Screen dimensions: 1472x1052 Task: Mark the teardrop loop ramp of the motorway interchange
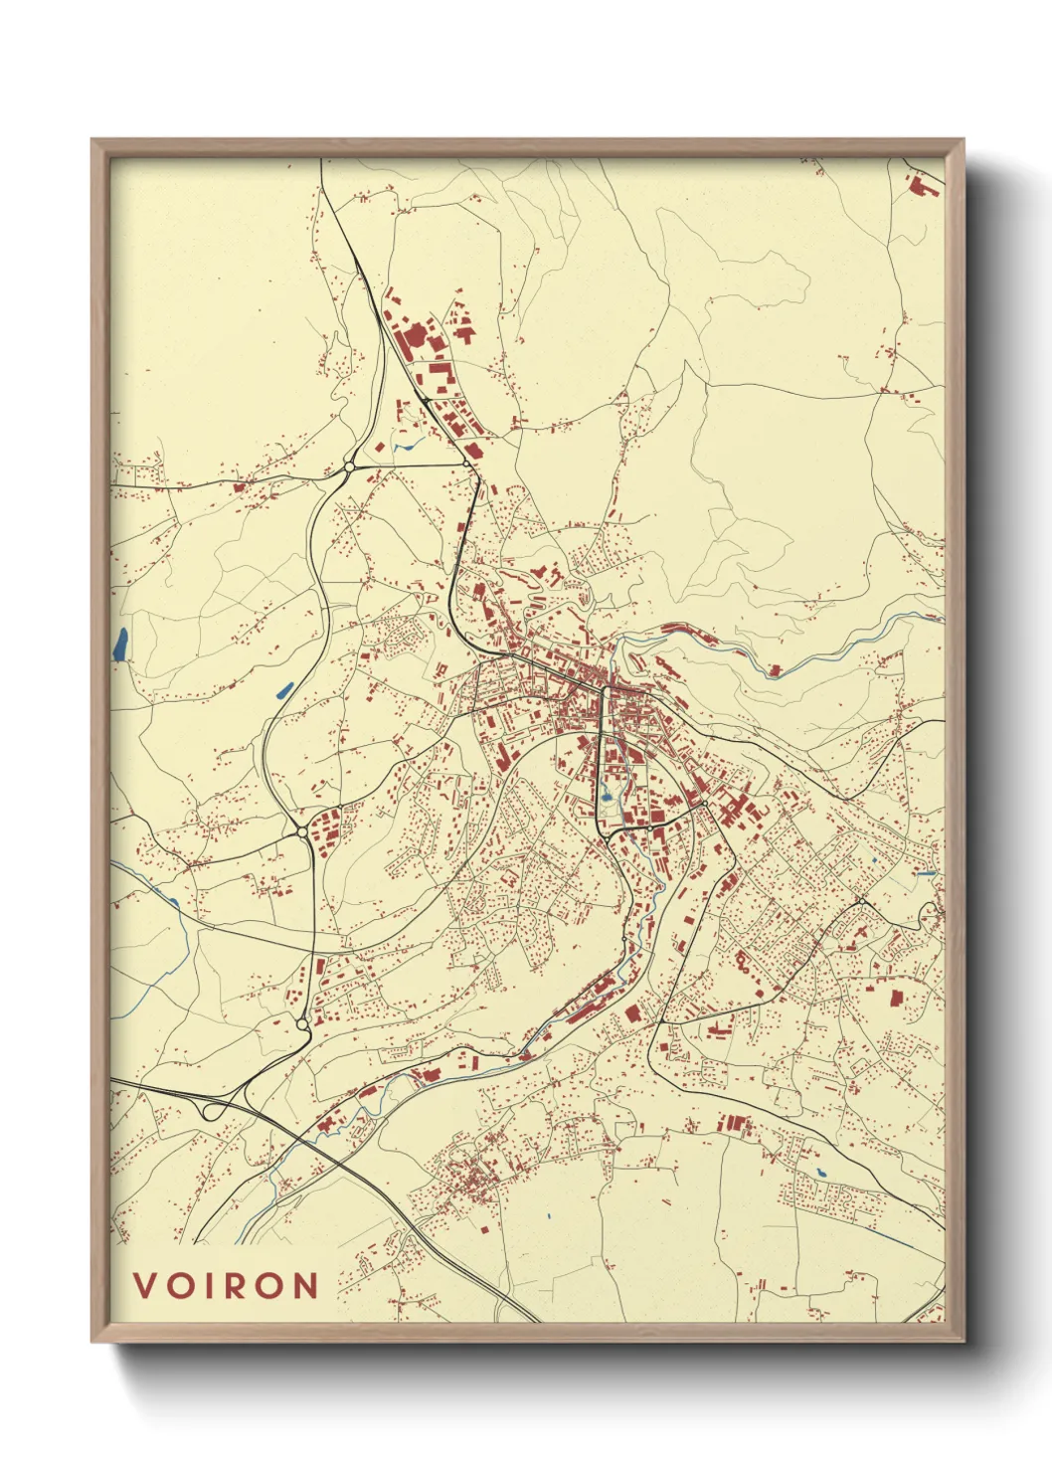211,1110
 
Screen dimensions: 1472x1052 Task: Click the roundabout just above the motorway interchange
302,1022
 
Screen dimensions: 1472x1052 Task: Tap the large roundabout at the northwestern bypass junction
349,465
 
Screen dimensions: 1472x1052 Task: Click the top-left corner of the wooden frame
92,140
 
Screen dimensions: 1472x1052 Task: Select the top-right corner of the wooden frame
963,140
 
